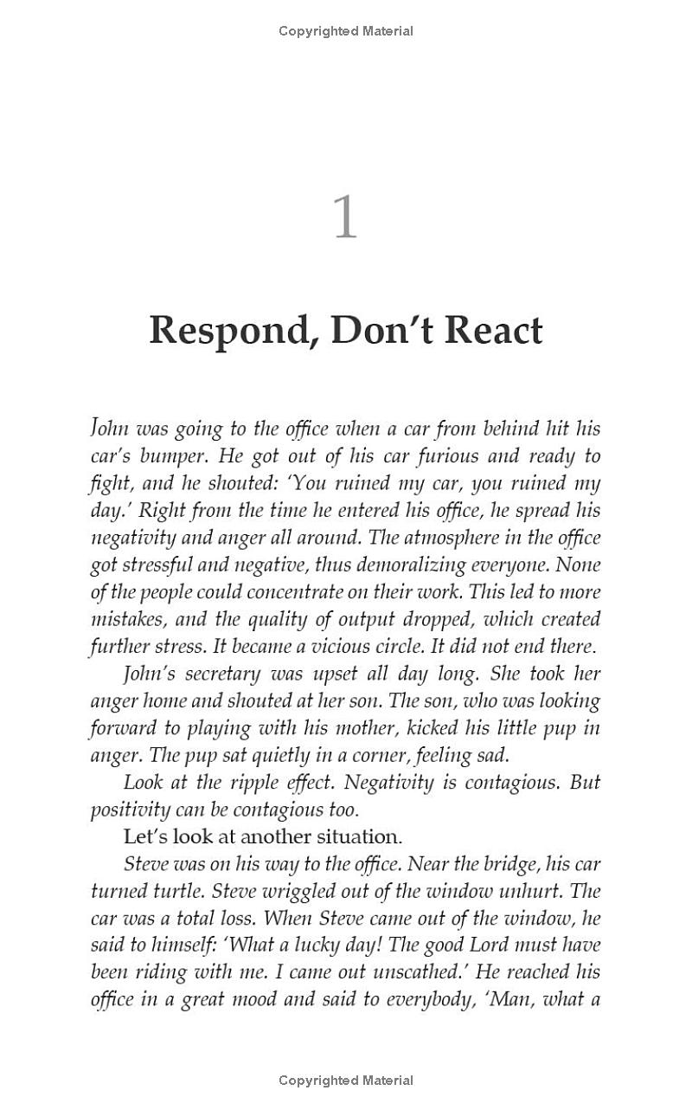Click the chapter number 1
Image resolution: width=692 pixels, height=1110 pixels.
click(x=345, y=217)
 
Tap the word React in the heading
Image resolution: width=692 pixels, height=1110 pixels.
click(x=493, y=331)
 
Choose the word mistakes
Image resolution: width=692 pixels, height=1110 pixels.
click(x=125, y=620)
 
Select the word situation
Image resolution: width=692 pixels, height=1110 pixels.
click(x=353, y=836)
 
